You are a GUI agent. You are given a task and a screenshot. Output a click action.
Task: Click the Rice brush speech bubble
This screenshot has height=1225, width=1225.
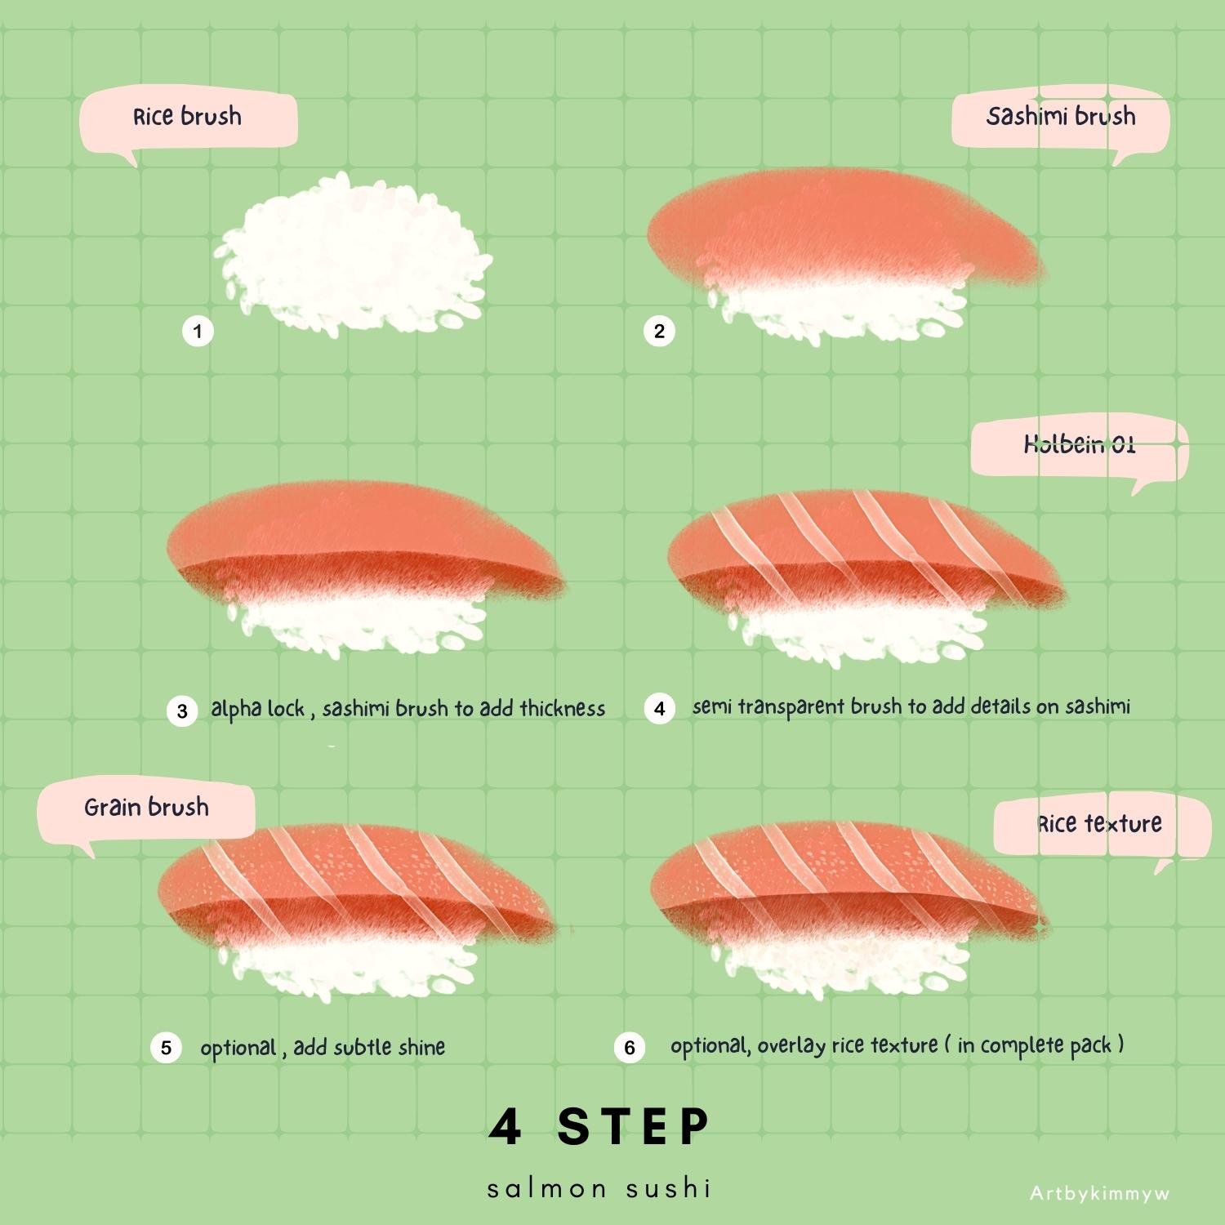point(189,121)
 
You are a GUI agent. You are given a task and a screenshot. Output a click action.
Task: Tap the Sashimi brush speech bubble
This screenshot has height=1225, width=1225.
point(1061,121)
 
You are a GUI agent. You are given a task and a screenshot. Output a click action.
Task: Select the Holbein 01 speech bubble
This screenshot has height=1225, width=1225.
point(1080,448)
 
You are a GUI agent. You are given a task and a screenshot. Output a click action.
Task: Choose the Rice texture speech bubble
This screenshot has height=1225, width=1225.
point(1102,826)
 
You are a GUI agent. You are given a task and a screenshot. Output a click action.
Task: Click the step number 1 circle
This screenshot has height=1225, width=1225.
point(198,331)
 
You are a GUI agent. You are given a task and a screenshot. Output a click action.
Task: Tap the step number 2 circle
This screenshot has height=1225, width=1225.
point(659,331)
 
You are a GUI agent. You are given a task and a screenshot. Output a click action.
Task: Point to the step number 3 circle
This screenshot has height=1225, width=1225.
point(182,710)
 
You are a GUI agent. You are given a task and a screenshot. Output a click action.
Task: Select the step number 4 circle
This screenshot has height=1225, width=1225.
point(659,708)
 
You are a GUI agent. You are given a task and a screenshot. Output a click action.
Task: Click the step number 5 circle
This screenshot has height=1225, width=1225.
point(166,1047)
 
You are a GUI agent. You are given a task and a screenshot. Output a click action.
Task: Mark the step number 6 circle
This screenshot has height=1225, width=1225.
point(630,1047)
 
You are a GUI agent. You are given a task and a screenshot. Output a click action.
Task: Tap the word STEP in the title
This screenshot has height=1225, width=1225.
point(634,1127)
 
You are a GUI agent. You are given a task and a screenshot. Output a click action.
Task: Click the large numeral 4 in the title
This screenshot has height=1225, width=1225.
point(505,1127)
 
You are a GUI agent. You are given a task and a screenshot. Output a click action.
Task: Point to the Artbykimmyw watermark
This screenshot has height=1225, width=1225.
point(1100,1193)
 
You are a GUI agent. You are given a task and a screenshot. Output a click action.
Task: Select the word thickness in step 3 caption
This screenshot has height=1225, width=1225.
point(563,708)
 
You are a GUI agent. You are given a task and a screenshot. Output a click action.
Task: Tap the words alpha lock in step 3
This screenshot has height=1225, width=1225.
point(258,709)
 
